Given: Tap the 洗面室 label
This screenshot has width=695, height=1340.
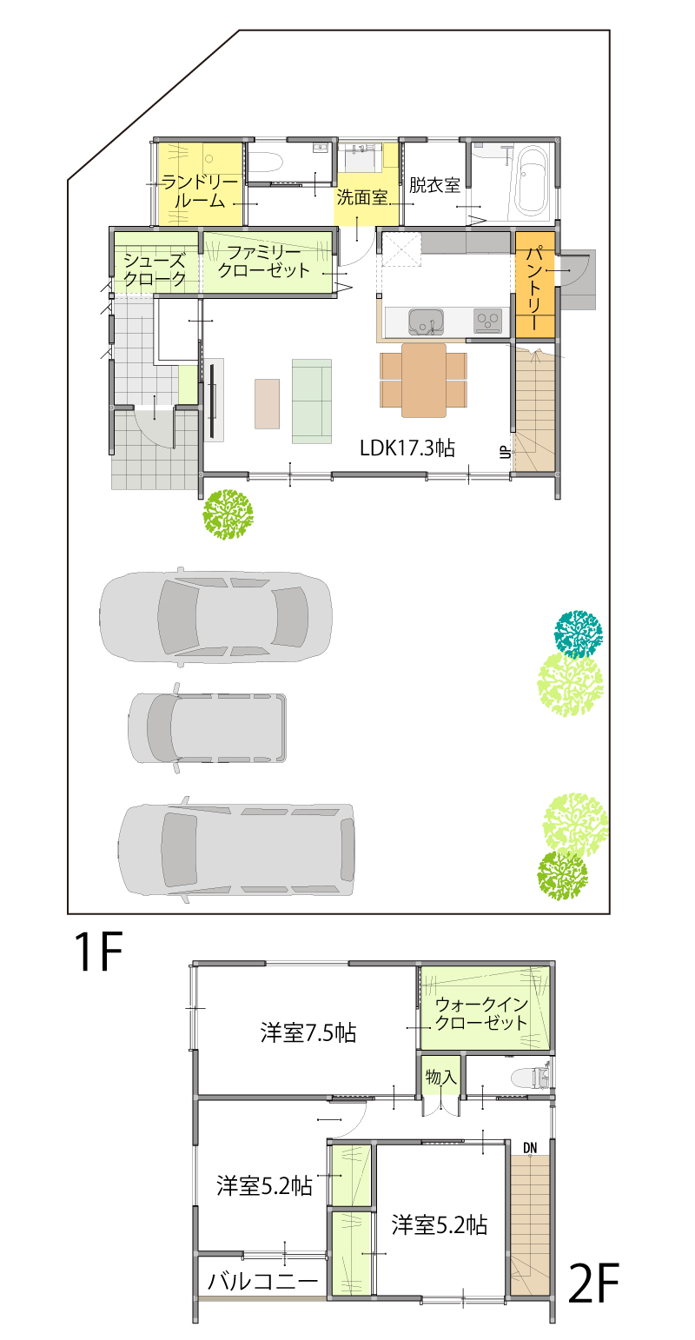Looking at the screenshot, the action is pyautogui.click(x=362, y=196).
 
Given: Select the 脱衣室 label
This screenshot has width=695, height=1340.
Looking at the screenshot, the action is pyautogui.click(x=434, y=185).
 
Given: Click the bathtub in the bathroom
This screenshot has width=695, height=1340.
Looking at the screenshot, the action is pyautogui.click(x=532, y=182).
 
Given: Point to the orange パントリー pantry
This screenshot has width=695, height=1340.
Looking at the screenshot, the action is pyautogui.click(x=535, y=284).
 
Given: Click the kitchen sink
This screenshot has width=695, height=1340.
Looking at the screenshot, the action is pyautogui.click(x=426, y=322).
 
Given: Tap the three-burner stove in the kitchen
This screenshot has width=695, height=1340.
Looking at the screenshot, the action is pyautogui.click(x=488, y=321).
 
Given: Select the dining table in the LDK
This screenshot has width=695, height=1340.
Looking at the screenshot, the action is pyautogui.click(x=423, y=380).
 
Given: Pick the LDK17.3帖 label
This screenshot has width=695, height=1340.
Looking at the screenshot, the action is pyautogui.click(x=407, y=448).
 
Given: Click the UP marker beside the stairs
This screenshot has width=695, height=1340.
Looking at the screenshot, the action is pyautogui.click(x=505, y=452).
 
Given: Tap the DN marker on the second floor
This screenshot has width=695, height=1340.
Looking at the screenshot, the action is pyautogui.click(x=530, y=1147).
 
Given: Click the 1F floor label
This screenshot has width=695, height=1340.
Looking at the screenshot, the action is pyautogui.click(x=98, y=952).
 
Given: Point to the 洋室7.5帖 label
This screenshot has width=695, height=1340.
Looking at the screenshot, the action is pyautogui.click(x=308, y=1033).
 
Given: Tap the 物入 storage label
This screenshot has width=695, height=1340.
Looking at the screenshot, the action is pyautogui.click(x=440, y=1078).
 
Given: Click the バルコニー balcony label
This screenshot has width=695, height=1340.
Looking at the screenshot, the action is pyautogui.click(x=262, y=1282).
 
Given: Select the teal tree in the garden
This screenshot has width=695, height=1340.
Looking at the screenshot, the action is pyautogui.click(x=578, y=634).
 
